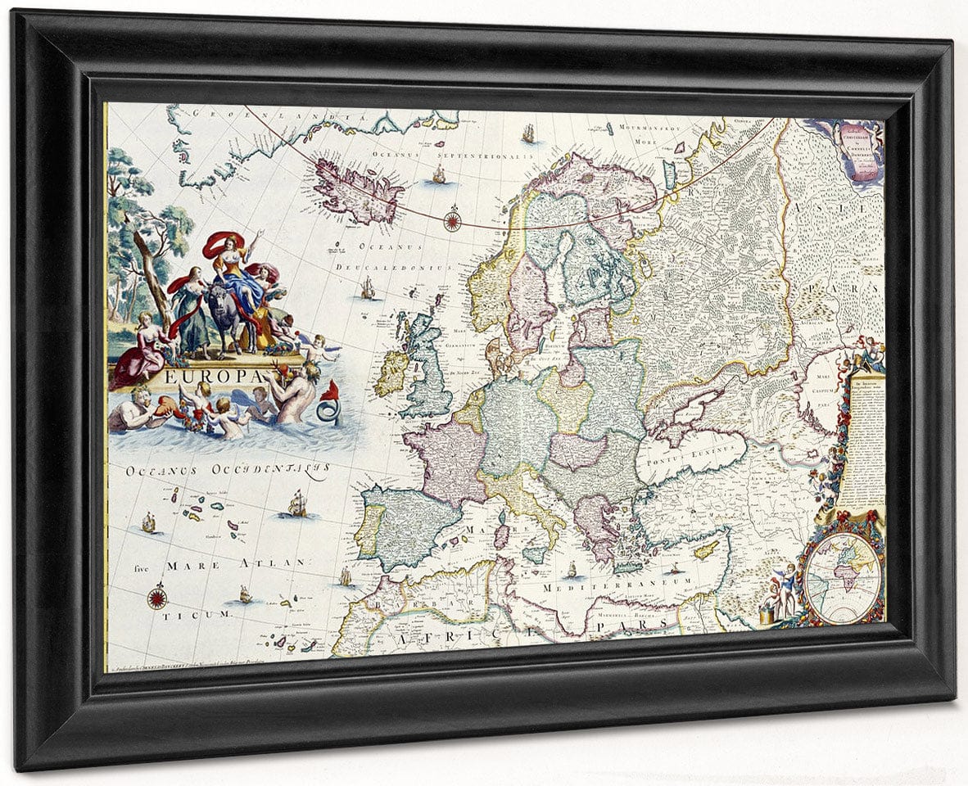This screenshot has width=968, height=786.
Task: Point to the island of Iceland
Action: click(358, 189)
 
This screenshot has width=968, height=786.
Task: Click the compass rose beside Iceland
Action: click(451, 219)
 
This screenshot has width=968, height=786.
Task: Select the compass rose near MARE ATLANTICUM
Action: click(157, 596)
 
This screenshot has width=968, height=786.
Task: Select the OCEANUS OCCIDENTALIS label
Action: click(228, 470)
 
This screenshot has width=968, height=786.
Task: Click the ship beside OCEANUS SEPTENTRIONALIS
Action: click(439, 174)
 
